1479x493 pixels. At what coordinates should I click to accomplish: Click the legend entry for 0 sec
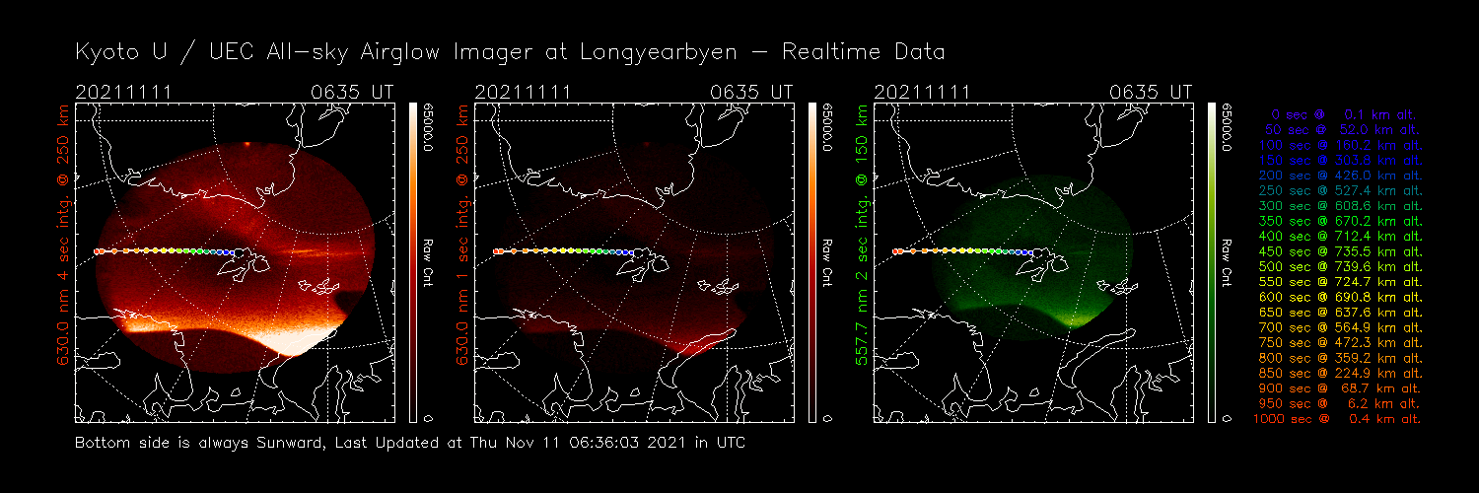1338,115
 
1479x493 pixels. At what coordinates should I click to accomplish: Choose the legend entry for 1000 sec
1338,419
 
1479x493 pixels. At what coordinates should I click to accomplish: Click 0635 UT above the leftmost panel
350,93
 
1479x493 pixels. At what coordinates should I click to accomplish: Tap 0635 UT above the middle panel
750,93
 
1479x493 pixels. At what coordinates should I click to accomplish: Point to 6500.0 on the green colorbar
1228,126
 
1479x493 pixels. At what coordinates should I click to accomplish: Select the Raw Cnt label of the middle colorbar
828,262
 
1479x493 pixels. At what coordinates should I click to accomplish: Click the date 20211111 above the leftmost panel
124,93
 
